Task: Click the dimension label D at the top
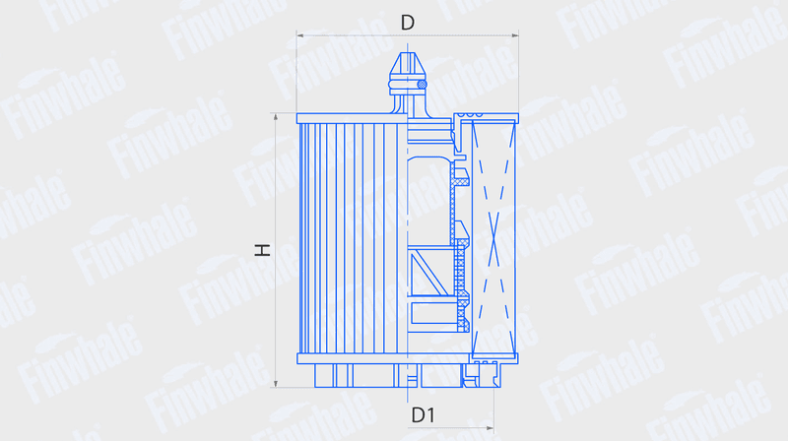tap(408, 23)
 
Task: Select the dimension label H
tap(262, 250)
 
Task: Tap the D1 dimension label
tap(424, 414)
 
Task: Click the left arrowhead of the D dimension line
tap(300, 35)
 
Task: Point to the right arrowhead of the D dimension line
tap(514, 35)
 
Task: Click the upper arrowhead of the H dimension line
tap(276, 117)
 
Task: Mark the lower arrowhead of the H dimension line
tap(276, 384)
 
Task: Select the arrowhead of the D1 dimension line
tap(490, 428)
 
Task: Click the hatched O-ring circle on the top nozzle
tap(423, 85)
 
